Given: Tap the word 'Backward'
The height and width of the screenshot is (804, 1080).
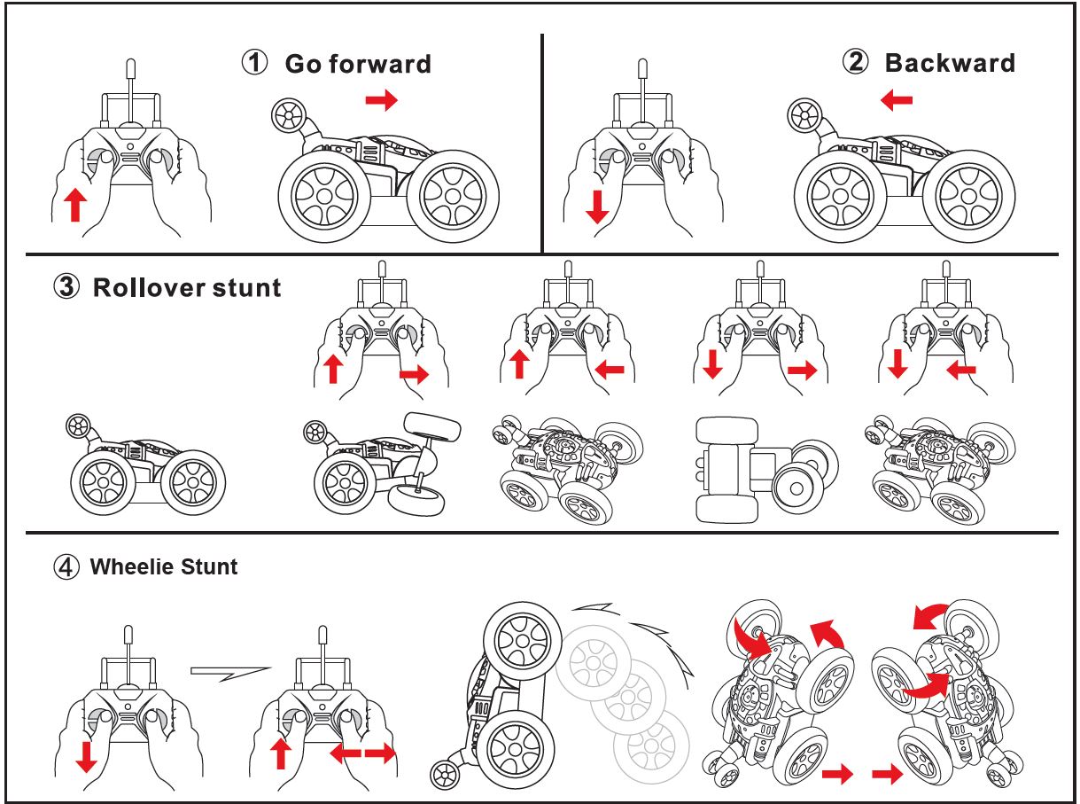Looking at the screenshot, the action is tap(950, 63).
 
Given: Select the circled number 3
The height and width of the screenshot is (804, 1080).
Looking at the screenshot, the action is tap(66, 286).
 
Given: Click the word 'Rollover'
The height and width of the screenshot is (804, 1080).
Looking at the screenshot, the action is tap(150, 287).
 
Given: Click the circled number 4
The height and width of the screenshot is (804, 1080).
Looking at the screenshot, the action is tap(66, 567).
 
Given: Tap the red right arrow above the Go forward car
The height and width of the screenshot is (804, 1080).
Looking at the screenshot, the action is tap(381, 100).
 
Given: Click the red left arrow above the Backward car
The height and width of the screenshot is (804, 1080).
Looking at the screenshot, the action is tap(897, 100).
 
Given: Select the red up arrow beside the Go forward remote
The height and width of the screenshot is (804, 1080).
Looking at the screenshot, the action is tap(75, 205).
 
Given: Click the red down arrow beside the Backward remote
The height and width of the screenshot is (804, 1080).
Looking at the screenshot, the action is tap(597, 207).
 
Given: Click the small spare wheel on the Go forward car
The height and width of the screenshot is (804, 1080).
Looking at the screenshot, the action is tap(288, 115).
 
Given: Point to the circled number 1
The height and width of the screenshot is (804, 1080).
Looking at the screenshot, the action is tap(254, 63).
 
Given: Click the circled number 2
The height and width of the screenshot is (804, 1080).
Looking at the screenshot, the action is tap(855, 62).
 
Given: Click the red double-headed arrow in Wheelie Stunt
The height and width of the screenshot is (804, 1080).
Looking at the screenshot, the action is tap(363, 753).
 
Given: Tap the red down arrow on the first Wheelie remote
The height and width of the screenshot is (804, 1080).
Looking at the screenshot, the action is tap(87, 757).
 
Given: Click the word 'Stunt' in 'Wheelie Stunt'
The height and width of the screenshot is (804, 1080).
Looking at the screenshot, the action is tap(209, 566).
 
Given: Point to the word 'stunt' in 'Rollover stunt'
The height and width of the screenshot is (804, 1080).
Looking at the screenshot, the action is tap(247, 288).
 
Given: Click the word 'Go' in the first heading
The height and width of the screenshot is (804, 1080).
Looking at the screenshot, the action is tap(302, 64).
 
